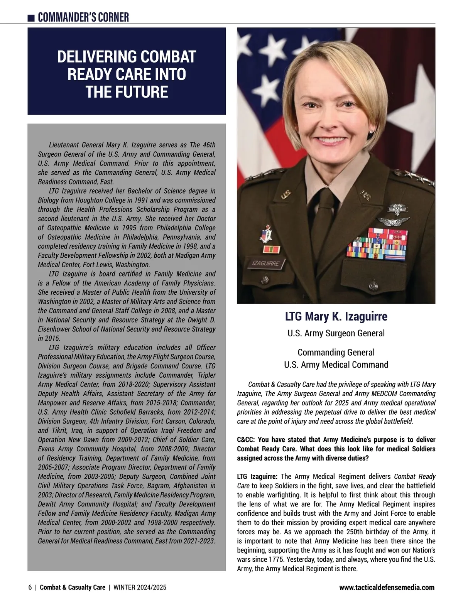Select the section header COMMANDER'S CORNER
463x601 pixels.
(x=83, y=17)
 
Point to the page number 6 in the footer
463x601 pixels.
(x=30, y=587)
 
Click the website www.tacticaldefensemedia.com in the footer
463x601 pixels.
(x=387, y=587)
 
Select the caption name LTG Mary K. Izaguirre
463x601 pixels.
(x=336, y=317)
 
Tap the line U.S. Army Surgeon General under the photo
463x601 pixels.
(x=336, y=333)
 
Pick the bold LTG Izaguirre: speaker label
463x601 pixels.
(x=257, y=476)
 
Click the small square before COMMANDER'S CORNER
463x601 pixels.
(x=32, y=18)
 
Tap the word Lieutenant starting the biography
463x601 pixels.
(x=64, y=145)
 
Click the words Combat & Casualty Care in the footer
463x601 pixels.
(x=73, y=587)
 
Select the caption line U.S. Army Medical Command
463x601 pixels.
(x=336, y=365)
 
